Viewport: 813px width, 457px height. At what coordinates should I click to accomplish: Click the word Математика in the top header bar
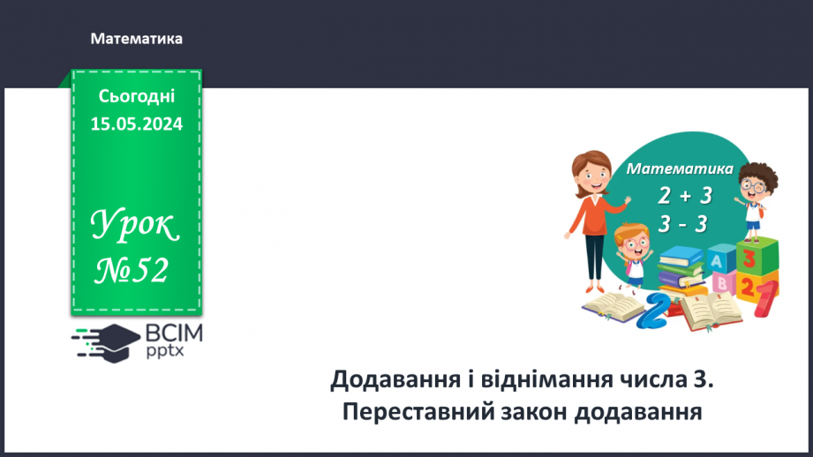136,39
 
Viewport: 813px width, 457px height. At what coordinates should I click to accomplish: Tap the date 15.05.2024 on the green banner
136,124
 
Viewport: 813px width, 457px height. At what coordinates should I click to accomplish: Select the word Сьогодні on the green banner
136,97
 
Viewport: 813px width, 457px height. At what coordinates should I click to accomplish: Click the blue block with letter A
719,261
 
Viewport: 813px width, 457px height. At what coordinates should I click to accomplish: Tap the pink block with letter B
721,283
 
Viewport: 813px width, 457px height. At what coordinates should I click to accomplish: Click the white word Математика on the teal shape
680,169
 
